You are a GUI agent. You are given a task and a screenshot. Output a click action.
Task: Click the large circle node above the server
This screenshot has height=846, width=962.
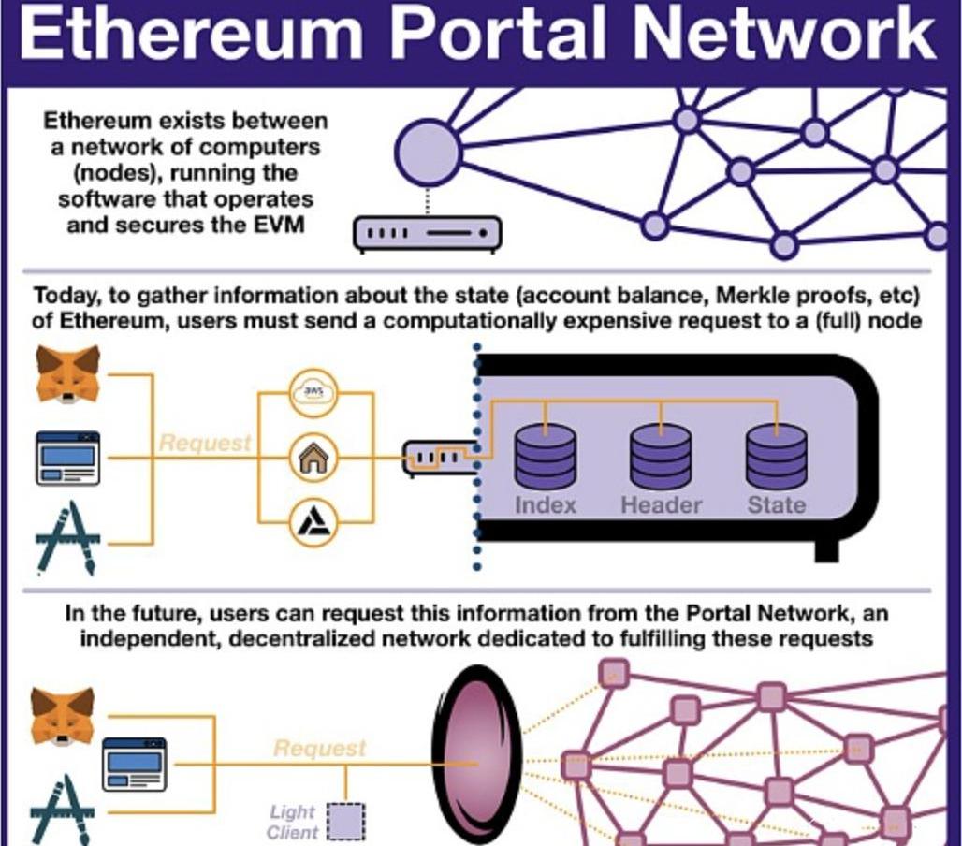pos(428,152)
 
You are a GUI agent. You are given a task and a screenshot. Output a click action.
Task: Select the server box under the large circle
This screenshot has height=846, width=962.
pos(427,233)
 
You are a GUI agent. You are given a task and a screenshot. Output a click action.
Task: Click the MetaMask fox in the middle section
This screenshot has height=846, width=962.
pos(67,374)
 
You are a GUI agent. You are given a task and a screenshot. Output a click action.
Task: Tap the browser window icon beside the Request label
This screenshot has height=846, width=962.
pos(67,458)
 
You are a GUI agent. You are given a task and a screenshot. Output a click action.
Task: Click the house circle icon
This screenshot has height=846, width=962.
pos(314,458)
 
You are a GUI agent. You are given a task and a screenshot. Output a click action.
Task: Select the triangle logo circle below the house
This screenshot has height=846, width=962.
pos(314,522)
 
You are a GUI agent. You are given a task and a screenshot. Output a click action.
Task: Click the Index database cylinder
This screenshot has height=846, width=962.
pos(546,456)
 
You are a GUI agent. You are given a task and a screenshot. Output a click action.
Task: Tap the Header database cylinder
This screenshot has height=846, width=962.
pos(661,456)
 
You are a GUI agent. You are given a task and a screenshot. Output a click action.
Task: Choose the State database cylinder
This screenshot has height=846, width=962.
pos(776,456)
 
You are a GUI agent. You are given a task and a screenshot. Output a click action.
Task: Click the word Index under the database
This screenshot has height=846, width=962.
pos(546,505)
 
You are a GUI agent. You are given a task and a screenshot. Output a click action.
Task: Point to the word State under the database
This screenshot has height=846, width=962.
pos(776,505)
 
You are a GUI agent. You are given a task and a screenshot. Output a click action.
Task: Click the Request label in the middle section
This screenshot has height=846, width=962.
pos(205,443)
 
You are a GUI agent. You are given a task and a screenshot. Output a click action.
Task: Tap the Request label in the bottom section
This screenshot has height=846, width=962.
pos(319,748)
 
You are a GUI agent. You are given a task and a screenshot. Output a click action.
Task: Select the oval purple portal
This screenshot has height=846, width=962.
pos(476,756)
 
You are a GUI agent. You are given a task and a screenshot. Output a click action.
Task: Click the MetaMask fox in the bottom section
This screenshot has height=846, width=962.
pos(62,716)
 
